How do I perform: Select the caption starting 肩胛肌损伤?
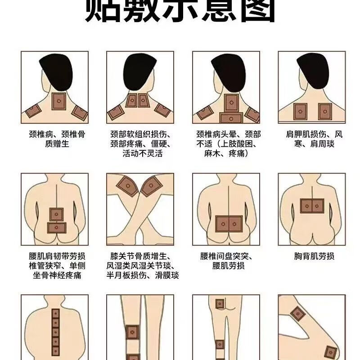[x=314, y=139]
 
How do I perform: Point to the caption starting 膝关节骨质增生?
[x=142, y=265]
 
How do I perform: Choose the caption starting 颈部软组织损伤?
[x=142, y=144]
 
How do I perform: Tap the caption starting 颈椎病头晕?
[x=228, y=144]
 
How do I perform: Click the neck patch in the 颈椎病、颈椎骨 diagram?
[x=59, y=100]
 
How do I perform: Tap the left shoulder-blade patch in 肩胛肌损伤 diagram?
[x=300, y=111]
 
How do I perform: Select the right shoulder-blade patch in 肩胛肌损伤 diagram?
[x=324, y=111]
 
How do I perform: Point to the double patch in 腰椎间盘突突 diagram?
[x=229, y=223]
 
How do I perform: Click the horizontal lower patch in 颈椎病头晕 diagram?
[x=231, y=118]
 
